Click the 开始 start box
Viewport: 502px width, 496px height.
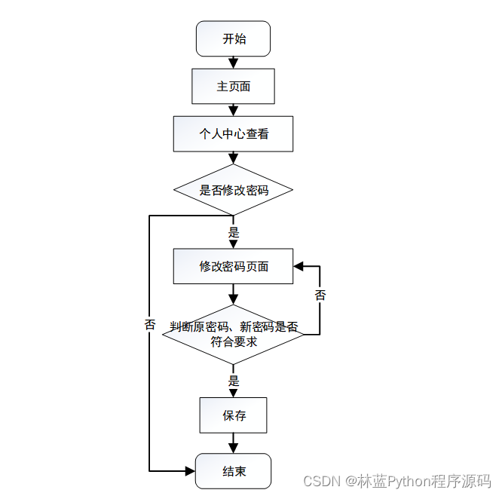(x=233, y=38)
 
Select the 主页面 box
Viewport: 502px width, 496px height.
(x=233, y=86)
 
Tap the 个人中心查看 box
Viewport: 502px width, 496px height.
(x=233, y=134)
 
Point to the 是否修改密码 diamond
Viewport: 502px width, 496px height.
(x=233, y=190)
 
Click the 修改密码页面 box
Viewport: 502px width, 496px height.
(x=233, y=266)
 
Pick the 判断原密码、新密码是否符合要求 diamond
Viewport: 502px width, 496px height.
(x=233, y=334)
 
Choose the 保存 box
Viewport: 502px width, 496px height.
(x=233, y=415)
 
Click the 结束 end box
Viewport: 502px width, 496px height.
(x=233, y=471)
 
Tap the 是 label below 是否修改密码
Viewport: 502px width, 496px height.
(x=234, y=232)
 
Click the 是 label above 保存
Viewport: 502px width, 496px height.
(x=234, y=381)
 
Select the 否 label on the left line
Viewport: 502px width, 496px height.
(x=149, y=325)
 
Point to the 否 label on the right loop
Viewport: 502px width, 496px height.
(x=320, y=295)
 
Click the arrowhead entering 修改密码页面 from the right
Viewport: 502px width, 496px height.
(x=298, y=266)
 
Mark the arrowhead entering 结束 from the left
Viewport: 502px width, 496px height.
(x=190, y=471)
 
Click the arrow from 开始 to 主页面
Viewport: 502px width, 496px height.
(x=233, y=63)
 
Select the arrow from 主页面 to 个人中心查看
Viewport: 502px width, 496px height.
(x=233, y=109)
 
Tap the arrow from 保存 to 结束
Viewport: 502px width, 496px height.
(x=233, y=443)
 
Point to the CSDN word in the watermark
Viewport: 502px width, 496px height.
(x=319, y=481)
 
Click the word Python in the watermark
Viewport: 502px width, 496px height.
(x=408, y=481)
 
